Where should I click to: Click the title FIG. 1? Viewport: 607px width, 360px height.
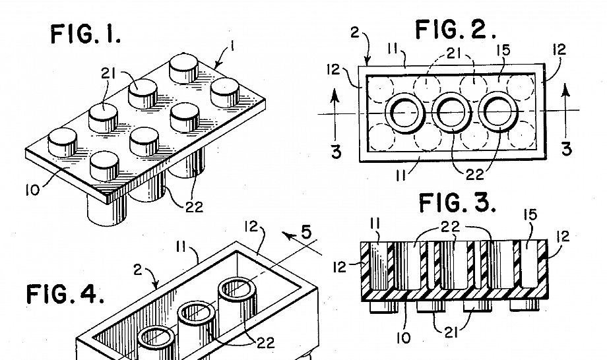click(85, 34)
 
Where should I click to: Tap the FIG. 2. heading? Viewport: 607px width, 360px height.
click(455, 30)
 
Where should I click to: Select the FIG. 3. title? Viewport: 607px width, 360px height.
click(458, 202)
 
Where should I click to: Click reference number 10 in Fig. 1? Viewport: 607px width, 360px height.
click(32, 191)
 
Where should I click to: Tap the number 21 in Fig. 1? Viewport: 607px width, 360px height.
click(108, 73)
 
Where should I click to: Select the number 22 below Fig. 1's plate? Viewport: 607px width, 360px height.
click(194, 207)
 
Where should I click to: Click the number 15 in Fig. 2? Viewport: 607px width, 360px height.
click(503, 50)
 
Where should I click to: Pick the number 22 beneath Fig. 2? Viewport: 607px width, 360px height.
click(474, 175)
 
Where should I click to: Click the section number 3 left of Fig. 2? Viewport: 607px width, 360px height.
click(336, 151)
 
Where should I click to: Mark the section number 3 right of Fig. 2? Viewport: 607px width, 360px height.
click(566, 148)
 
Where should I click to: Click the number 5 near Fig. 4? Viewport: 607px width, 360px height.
click(306, 232)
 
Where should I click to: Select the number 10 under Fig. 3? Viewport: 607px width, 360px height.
click(403, 338)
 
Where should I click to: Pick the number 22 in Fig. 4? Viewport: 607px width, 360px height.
click(265, 343)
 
